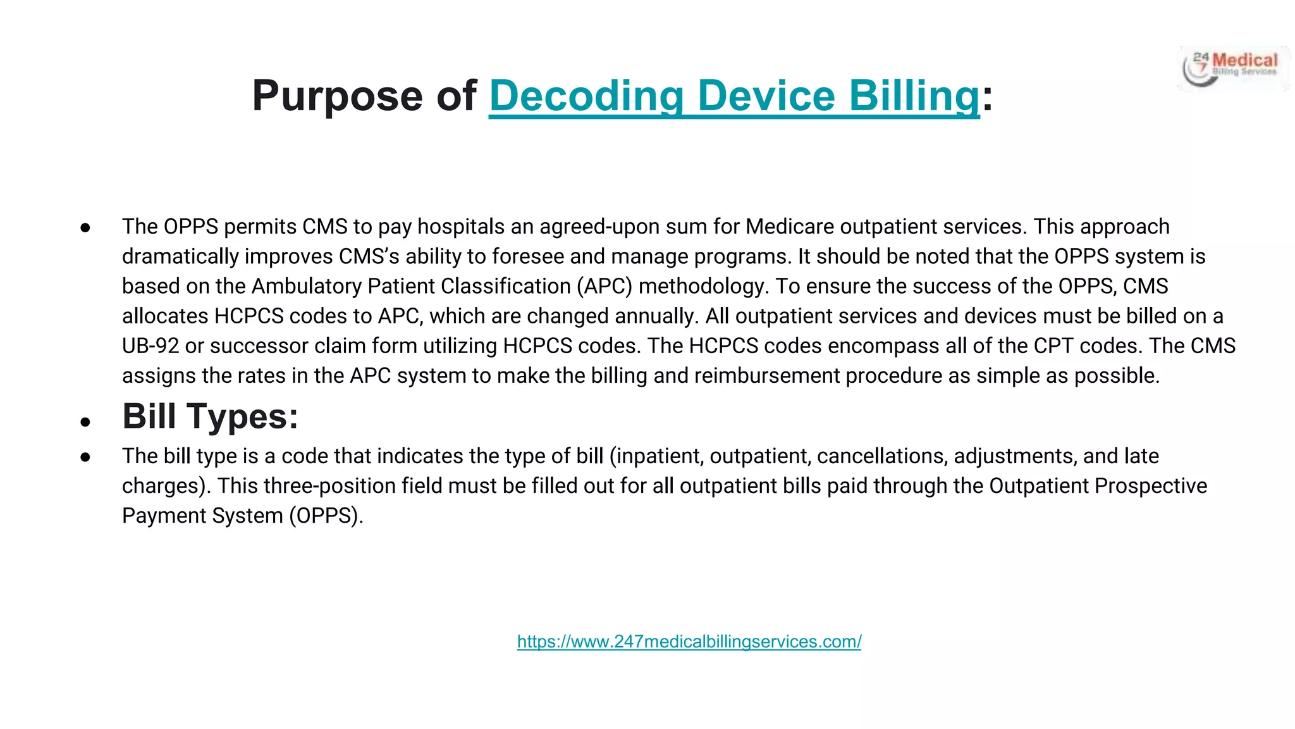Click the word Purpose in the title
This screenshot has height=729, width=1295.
337,96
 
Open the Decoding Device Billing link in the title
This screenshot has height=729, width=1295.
734,96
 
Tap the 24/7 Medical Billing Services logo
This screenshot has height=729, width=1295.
1233,68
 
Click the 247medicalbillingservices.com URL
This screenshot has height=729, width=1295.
689,642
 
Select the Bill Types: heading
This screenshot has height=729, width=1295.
210,416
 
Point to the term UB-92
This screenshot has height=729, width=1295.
150,346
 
